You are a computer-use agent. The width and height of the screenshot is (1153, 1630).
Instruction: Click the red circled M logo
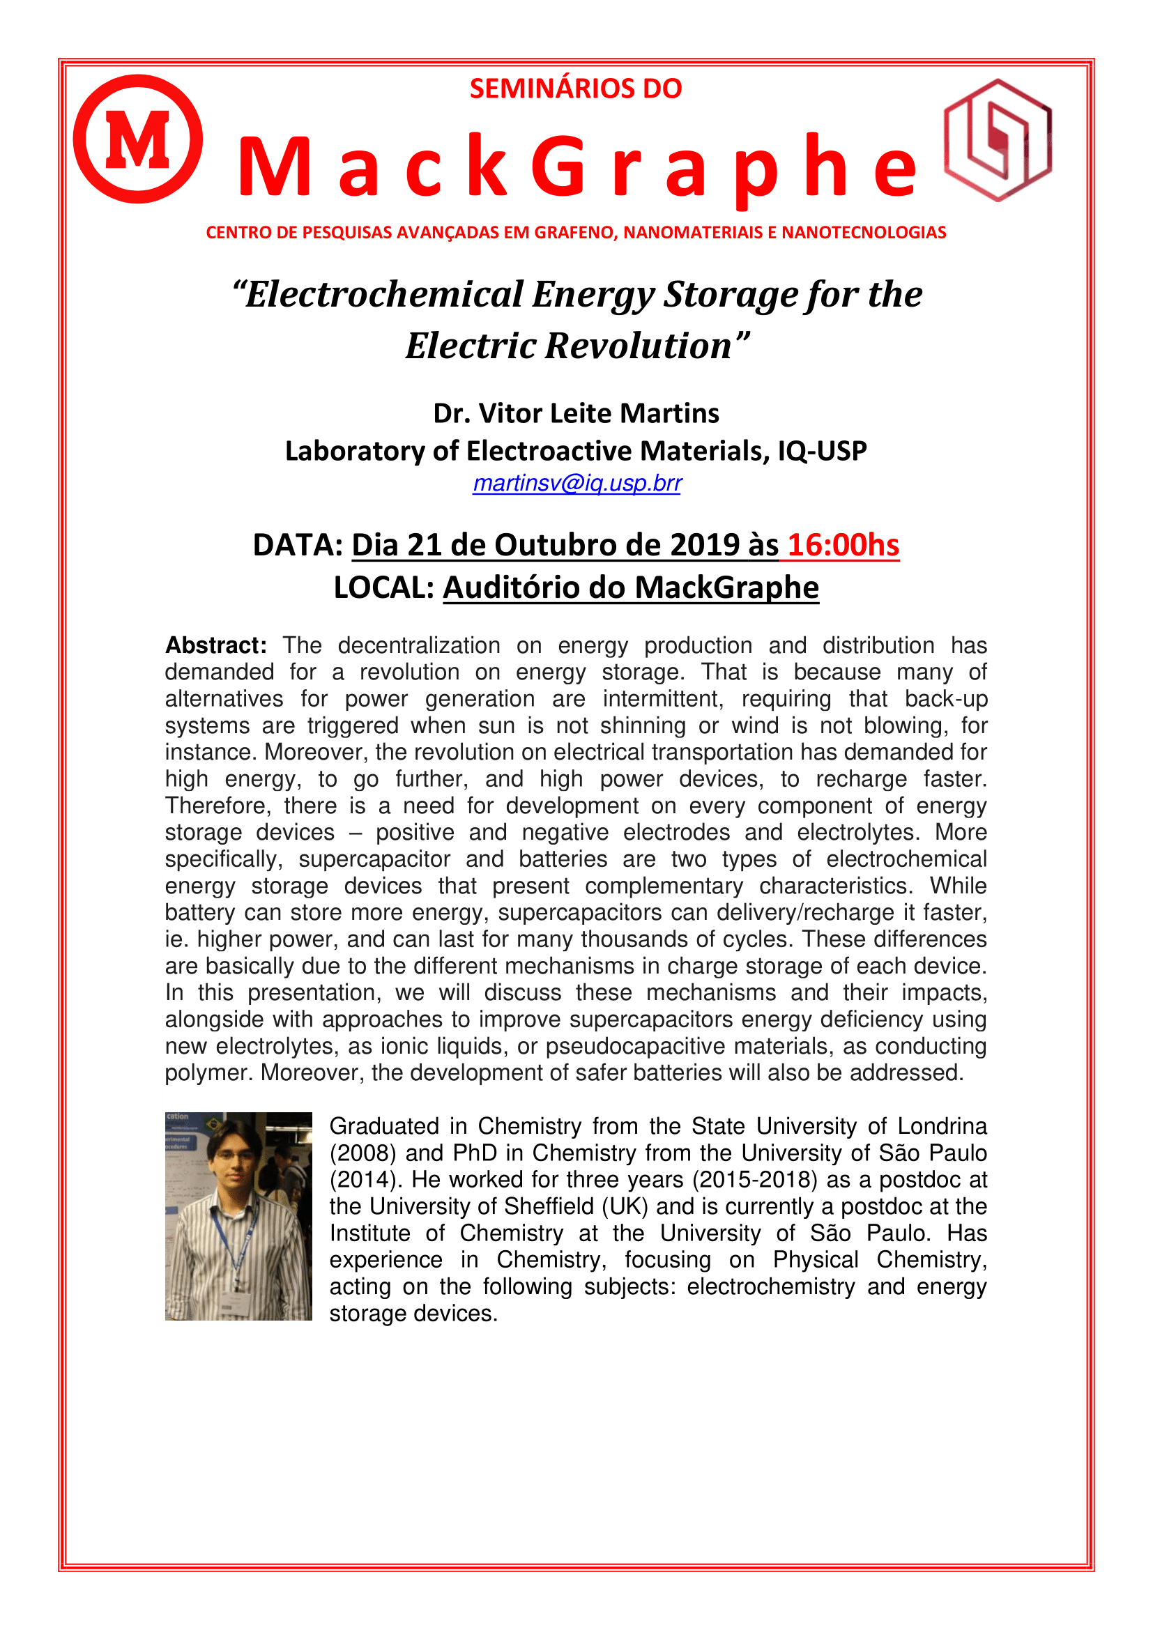pyautogui.click(x=138, y=139)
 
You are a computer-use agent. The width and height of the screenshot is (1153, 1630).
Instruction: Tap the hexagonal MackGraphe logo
pyautogui.click(x=998, y=140)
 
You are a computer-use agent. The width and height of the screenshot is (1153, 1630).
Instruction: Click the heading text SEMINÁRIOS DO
pyautogui.click(x=576, y=89)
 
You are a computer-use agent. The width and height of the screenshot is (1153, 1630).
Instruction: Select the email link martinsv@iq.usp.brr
pyautogui.click(x=576, y=483)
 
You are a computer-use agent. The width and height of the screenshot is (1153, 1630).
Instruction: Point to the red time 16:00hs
pyautogui.click(x=843, y=545)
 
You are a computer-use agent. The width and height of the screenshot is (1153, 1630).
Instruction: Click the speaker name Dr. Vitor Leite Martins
pyautogui.click(x=576, y=413)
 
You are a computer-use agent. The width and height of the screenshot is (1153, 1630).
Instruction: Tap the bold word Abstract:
pyautogui.click(x=216, y=645)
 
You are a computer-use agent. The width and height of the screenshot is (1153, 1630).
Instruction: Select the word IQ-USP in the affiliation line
pyautogui.click(x=822, y=451)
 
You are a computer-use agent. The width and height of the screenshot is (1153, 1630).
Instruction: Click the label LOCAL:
pyautogui.click(x=384, y=588)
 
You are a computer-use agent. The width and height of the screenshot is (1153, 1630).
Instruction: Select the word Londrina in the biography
pyautogui.click(x=942, y=1127)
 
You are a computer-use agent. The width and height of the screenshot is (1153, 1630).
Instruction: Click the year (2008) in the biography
pyautogui.click(x=362, y=1153)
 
